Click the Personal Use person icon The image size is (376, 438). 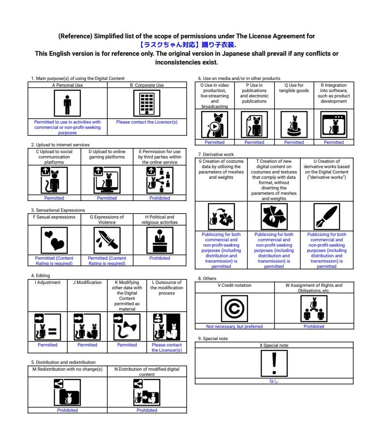coord(67,103)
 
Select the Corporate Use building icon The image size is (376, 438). coord(146,103)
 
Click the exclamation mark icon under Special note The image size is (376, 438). coord(274,363)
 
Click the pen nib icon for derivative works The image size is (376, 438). coord(327,216)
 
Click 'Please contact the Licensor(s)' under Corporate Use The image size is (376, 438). coord(146,122)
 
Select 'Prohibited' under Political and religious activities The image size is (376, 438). coord(159,258)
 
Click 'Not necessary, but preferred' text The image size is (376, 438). coord(235,327)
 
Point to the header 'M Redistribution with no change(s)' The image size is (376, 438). coord(67,369)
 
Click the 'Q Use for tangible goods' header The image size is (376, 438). coord(294,88)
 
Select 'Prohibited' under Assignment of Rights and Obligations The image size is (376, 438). coord(313,327)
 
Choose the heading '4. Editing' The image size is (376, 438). coord(40,276)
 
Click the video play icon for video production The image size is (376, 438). coord(214,125)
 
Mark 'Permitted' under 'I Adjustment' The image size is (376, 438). coord(47,345)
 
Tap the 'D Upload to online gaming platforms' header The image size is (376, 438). coord(107,154)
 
